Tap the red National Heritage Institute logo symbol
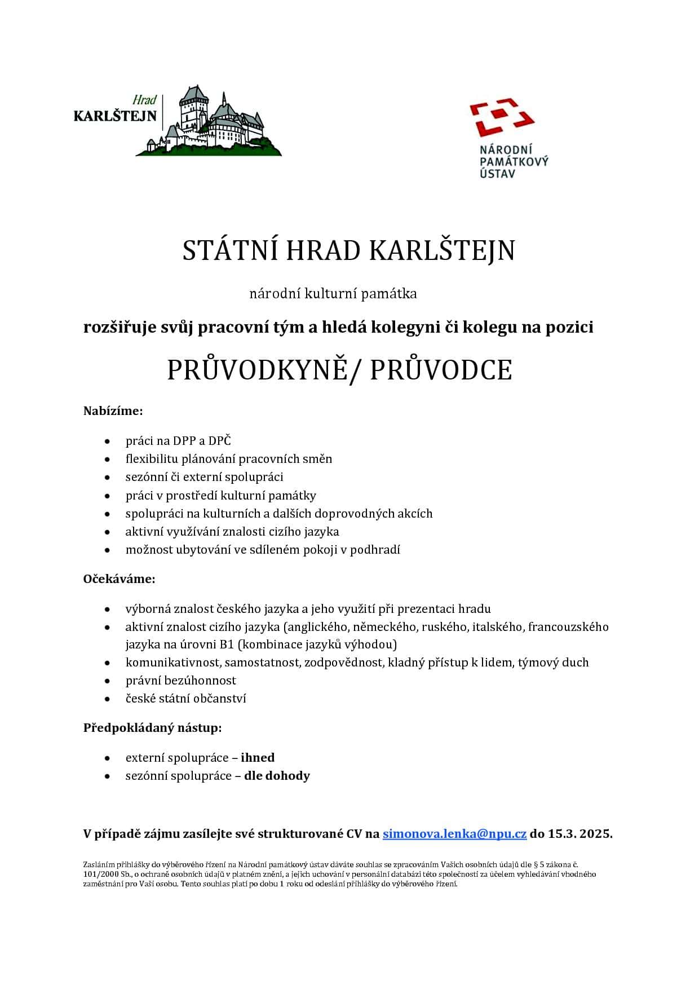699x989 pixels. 502,117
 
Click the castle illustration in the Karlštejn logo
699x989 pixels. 214,124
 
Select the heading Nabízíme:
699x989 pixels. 113,410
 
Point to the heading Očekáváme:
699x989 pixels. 119,579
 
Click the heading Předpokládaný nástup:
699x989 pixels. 152,727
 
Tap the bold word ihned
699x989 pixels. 258,757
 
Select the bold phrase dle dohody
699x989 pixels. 277,776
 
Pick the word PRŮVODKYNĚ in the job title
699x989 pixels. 257,370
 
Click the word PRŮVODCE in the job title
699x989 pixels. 441,370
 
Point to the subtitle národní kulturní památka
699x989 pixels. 333,293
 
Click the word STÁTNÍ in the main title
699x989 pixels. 229,250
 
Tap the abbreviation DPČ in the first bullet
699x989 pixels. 220,441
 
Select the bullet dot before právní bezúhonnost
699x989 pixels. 107,681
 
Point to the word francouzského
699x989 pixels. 568,626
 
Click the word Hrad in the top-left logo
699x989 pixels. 144,100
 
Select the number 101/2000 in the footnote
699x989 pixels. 97,875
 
